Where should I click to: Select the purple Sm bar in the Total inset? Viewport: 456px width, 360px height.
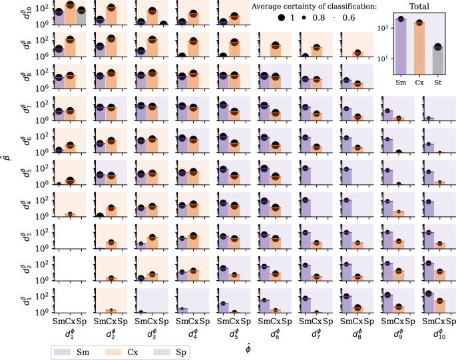pos(401,46)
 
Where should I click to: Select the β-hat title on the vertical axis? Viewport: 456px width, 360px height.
pos(6,158)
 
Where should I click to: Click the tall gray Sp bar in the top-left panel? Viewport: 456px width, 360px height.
pos(81,17)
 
